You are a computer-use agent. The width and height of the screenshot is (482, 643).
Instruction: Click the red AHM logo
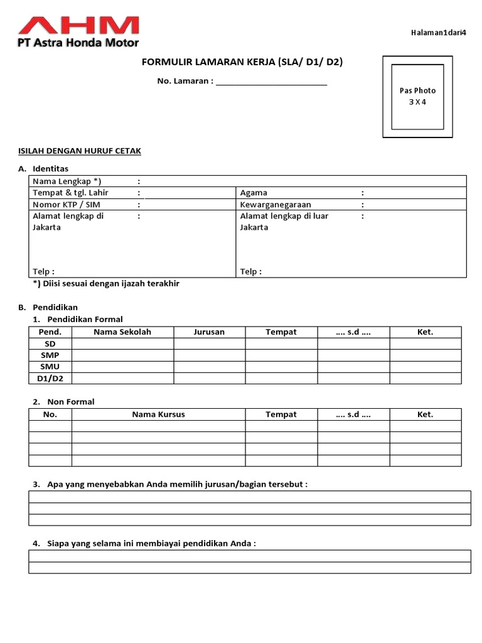[x=78, y=26]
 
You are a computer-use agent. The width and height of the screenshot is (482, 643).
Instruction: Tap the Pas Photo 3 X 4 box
[x=417, y=96]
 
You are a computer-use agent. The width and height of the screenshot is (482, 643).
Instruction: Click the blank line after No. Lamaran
[x=271, y=82]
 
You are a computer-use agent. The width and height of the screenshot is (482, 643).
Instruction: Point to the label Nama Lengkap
[x=67, y=181]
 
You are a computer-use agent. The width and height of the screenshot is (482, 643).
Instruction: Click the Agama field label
[x=254, y=193]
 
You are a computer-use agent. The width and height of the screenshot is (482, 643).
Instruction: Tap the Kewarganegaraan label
[x=276, y=205]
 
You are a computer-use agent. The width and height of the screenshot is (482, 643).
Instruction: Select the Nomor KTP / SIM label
[x=66, y=205]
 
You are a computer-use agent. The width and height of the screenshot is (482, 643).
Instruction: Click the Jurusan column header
[x=209, y=332]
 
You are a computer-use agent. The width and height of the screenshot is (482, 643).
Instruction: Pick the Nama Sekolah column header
[x=122, y=332]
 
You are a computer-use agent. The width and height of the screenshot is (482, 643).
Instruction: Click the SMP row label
[x=50, y=355]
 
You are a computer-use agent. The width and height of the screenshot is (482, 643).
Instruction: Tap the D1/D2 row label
[x=50, y=378]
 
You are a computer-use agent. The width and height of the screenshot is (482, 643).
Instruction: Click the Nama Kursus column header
[x=158, y=414]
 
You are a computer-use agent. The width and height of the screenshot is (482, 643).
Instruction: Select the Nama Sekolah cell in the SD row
[x=122, y=343]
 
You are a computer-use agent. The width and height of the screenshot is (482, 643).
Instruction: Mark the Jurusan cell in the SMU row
[x=209, y=367]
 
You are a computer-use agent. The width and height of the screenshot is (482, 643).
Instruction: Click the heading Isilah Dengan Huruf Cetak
[x=78, y=151]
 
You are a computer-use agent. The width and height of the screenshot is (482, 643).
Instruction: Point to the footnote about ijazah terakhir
[x=106, y=284]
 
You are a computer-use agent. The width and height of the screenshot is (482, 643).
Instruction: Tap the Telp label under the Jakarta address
[x=43, y=272]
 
